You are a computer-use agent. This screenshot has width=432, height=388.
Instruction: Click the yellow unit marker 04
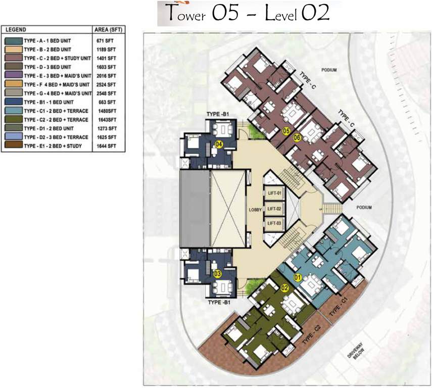(x=219, y=144)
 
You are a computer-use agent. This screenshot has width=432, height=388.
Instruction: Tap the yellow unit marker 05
(x=286, y=131)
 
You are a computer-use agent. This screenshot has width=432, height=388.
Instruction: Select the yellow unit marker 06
(x=297, y=137)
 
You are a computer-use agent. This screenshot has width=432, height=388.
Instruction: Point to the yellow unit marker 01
(x=298, y=277)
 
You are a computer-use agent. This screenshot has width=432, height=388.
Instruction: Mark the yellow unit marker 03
(x=218, y=274)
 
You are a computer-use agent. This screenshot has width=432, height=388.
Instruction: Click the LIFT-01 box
(x=274, y=192)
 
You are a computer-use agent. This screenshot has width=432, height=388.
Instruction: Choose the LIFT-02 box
(x=274, y=208)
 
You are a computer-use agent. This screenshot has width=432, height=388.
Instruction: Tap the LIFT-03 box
(x=274, y=223)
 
